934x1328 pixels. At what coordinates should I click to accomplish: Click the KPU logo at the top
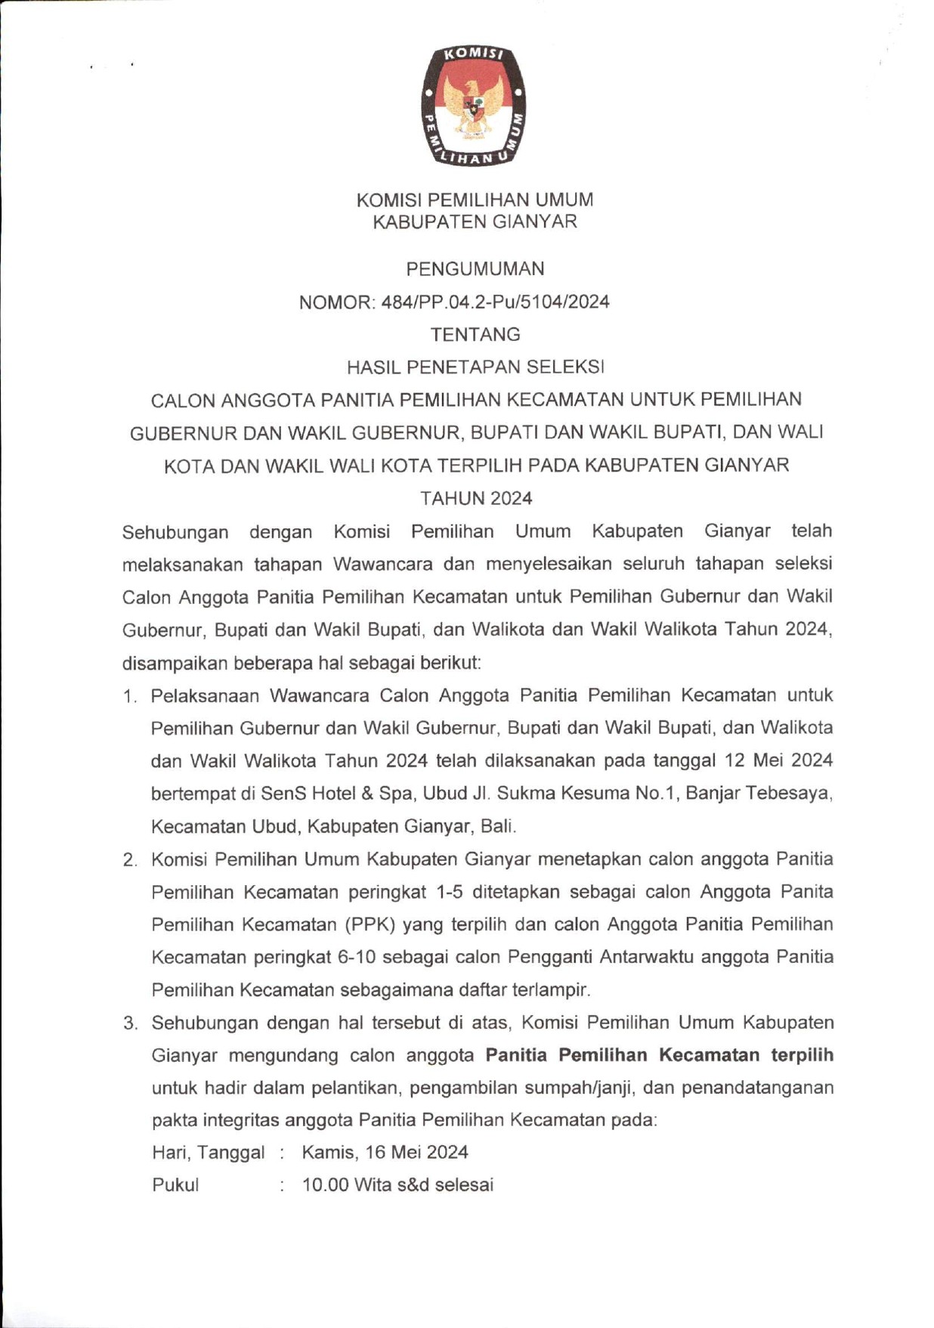point(474,105)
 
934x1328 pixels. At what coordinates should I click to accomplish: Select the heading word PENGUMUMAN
point(475,269)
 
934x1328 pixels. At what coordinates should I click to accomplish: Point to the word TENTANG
point(475,334)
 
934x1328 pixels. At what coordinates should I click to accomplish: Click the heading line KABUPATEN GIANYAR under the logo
point(475,221)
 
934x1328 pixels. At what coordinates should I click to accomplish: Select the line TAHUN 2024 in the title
point(476,498)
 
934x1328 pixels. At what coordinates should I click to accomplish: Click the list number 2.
point(130,860)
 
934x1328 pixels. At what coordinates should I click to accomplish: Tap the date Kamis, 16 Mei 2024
point(385,1153)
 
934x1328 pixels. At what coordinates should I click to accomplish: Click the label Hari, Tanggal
point(208,1153)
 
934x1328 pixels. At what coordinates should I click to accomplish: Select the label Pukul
point(175,1185)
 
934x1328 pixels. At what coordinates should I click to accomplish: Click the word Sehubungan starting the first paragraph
point(175,532)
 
